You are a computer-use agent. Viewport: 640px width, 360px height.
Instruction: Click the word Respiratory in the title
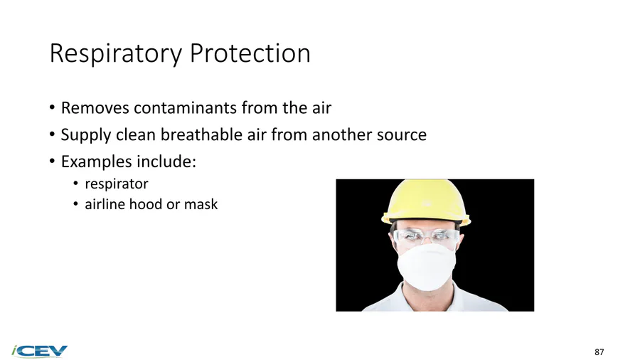[x=116, y=53]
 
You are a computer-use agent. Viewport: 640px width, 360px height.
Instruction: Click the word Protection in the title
[x=250, y=53]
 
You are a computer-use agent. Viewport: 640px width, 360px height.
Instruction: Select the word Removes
[x=95, y=107]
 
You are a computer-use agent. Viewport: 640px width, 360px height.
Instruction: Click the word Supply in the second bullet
[x=86, y=135]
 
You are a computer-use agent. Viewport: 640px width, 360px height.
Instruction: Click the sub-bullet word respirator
[x=117, y=184]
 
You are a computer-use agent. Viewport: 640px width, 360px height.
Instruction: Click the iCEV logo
[x=40, y=351]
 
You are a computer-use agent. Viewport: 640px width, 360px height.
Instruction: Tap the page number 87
[x=599, y=352]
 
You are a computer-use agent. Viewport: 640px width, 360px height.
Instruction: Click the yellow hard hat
[x=426, y=202]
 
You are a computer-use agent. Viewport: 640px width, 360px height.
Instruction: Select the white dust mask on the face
[x=427, y=266]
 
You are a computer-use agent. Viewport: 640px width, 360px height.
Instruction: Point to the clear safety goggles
[x=427, y=237]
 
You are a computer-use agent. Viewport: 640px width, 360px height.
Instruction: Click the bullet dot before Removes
[x=52, y=108]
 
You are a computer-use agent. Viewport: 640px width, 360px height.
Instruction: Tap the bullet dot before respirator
[x=75, y=184]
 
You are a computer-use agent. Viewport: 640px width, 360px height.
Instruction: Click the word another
[x=341, y=134]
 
